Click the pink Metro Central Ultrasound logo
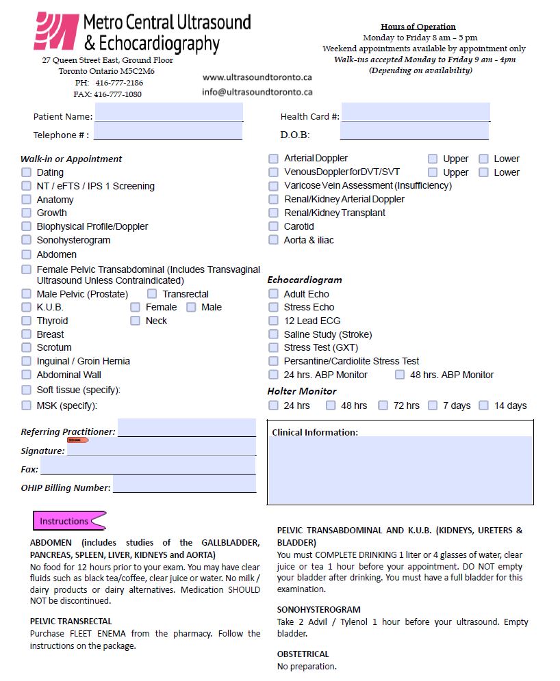(x=55, y=31)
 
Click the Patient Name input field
(x=168, y=112)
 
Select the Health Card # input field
(x=416, y=112)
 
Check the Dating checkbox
(x=26, y=172)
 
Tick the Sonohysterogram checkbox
(x=26, y=240)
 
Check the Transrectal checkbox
(x=152, y=294)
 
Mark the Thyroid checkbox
(x=26, y=321)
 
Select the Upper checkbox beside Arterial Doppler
(x=433, y=159)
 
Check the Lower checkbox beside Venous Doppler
(x=483, y=172)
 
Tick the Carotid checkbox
(x=273, y=226)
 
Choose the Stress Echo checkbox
(x=273, y=308)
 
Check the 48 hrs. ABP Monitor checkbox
(x=399, y=375)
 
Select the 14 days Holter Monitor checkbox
(x=483, y=405)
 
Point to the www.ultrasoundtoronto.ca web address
(x=257, y=78)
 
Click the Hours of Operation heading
(x=418, y=27)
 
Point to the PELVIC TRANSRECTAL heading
(x=71, y=622)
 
